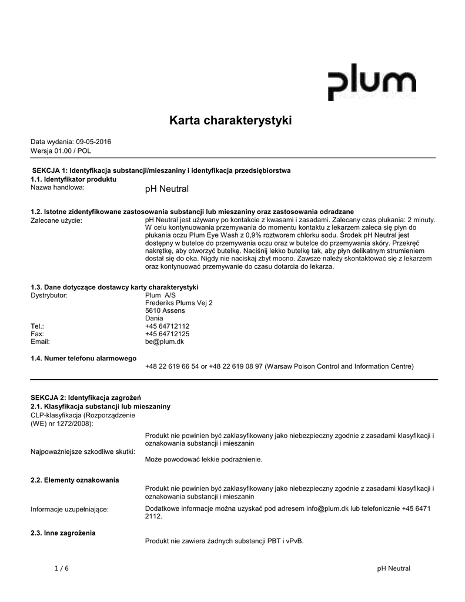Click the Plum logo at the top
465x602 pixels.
pos(371,82)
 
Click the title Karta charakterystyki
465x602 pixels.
pos(230,121)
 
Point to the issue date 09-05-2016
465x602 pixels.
pos(93,142)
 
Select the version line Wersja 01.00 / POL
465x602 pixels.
pos(61,150)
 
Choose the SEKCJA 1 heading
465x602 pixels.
pos(162,170)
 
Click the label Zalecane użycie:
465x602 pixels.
pos(56,220)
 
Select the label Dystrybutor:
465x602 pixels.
pos(49,295)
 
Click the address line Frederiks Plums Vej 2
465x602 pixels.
pos(179,303)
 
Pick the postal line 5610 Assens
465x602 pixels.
pos(165,310)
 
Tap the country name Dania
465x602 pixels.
pos(155,318)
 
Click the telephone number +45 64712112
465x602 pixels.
pos(167,326)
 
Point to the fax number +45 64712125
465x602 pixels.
pos(167,333)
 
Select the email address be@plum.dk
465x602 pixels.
pos(165,341)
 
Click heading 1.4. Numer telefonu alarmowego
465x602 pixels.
pos(83,357)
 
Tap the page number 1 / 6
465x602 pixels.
pos(61,568)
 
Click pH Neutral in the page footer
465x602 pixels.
pos(393,568)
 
